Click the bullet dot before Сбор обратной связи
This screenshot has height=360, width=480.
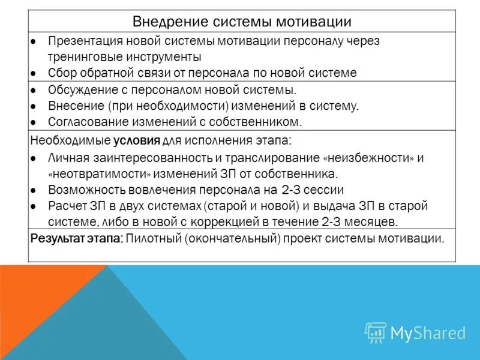pyautogui.click(x=35, y=73)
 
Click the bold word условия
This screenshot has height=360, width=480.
pyautogui.click(x=136, y=142)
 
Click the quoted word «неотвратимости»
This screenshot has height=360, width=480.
pyautogui.click(x=99, y=174)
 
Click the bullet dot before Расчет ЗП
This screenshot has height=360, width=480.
pyautogui.click(x=35, y=206)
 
